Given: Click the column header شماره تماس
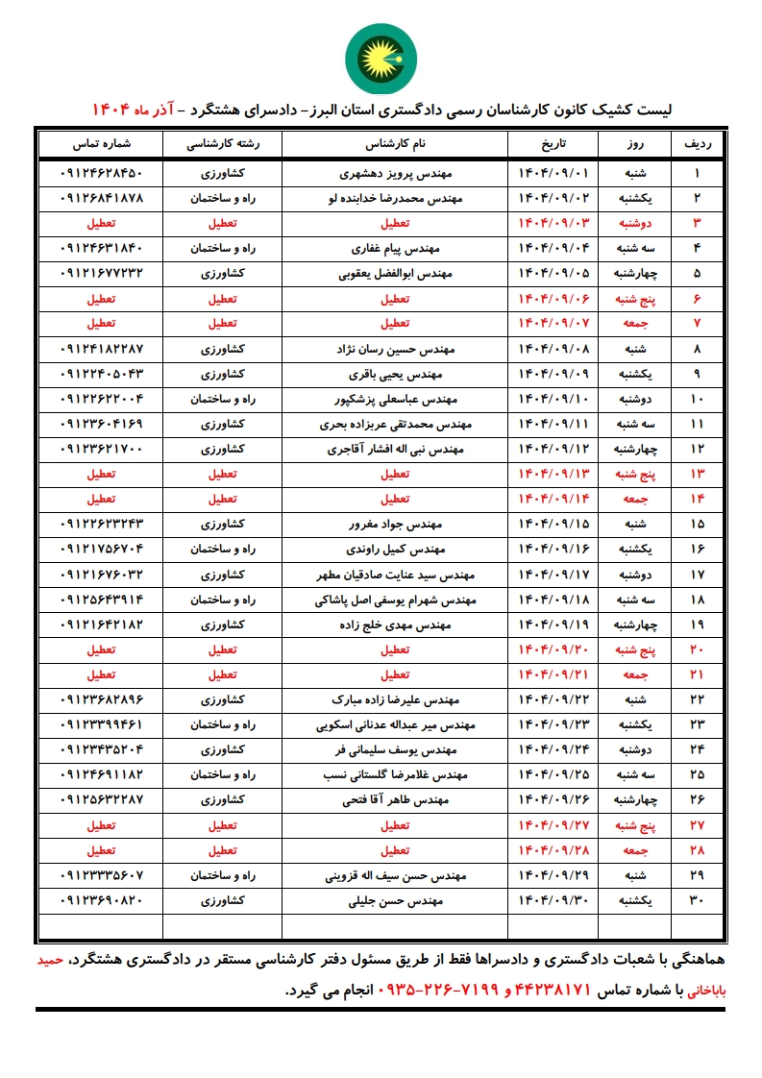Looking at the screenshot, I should (x=101, y=144).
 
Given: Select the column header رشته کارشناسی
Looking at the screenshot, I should (x=223, y=144).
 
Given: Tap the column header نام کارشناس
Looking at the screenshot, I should (x=395, y=144).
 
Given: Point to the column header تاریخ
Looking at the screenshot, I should (x=553, y=144).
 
